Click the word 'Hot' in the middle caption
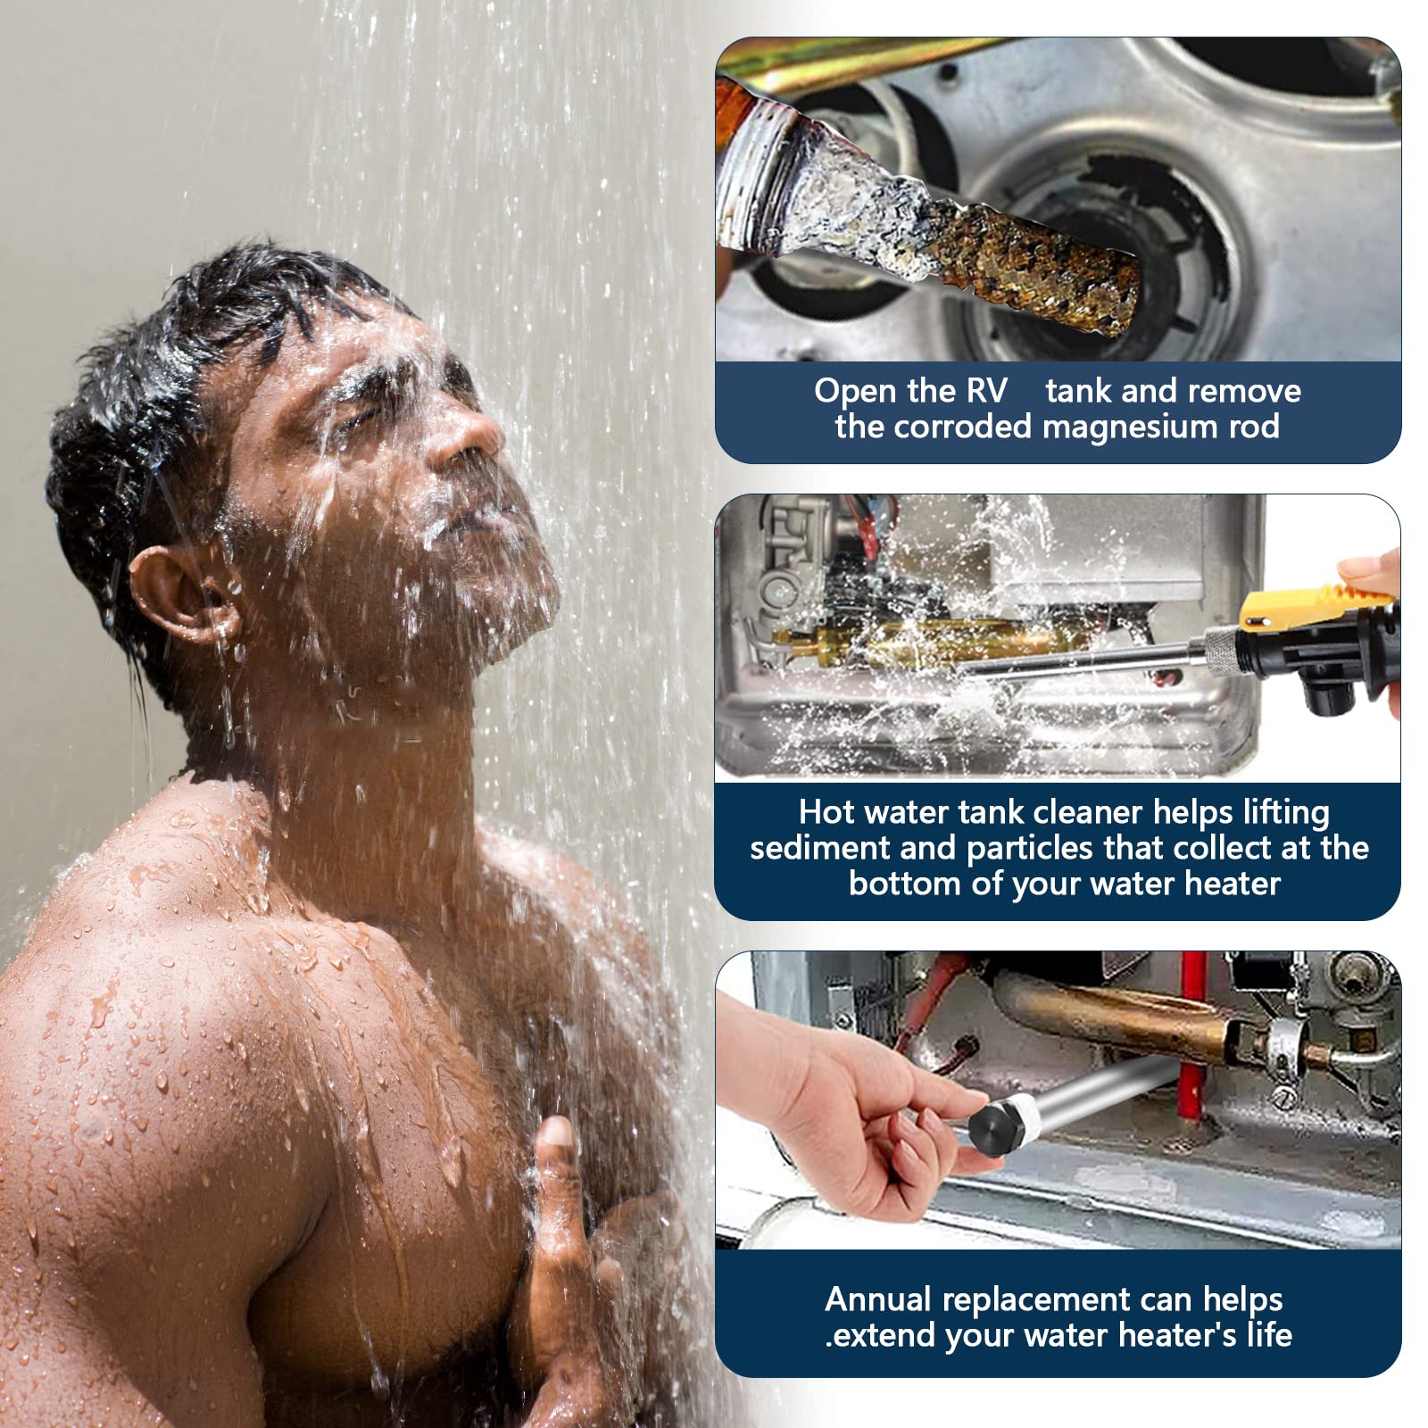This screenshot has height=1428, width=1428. click(826, 812)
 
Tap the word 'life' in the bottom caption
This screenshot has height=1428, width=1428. click(1269, 1335)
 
